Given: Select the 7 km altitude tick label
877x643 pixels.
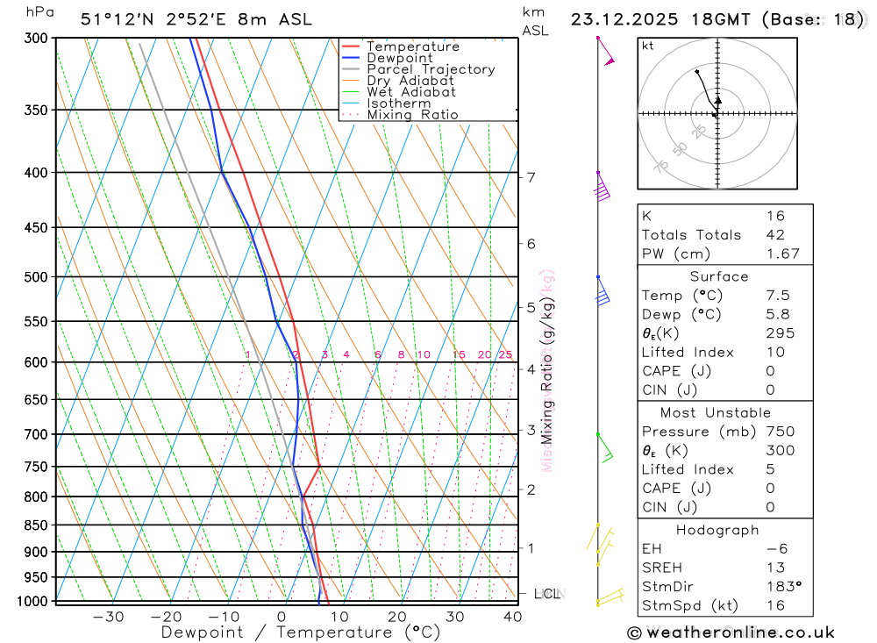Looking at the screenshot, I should [531, 177].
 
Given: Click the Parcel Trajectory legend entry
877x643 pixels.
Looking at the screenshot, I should [431, 69].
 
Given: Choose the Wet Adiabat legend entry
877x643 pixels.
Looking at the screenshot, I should [411, 92].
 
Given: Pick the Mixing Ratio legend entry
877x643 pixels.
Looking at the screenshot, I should [412, 115].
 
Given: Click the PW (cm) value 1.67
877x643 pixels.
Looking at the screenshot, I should [782, 254].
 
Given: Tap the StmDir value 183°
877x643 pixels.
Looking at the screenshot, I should [782, 587].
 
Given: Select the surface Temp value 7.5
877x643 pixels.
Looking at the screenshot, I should [776, 296].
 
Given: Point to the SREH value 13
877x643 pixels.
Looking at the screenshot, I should [775, 568].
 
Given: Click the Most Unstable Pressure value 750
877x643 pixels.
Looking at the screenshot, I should [780, 432].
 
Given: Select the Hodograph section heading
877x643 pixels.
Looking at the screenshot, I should [717, 530].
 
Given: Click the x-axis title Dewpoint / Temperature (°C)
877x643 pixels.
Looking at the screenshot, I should [301, 632].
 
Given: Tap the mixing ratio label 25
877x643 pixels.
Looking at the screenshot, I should [505, 354].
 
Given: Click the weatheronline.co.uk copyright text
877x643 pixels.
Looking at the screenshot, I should [731, 632].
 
